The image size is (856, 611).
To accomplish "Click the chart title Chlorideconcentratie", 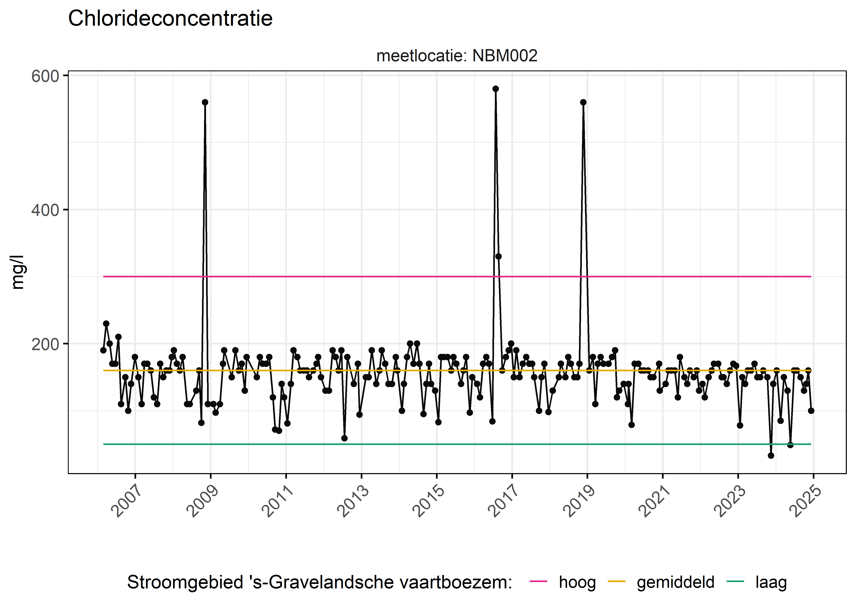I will click(x=170, y=19).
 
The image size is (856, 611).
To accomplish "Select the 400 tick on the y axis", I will click(x=45, y=210).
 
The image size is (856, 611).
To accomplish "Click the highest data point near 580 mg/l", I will click(x=496, y=89).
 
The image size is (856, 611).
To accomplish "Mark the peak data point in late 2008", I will click(x=205, y=102).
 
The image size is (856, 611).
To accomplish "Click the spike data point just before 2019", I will click(x=584, y=102).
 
